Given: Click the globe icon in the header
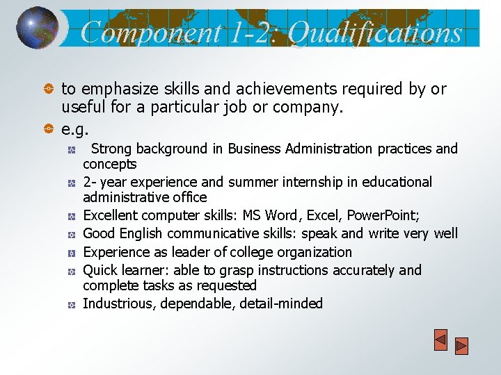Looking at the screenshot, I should [x=37, y=27].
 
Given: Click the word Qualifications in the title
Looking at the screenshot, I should [x=376, y=32].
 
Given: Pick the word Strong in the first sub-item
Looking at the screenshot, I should [x=112, y=149].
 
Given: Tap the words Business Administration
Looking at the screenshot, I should [x=301, y=149].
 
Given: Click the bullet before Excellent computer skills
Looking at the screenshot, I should [x=72, y=216].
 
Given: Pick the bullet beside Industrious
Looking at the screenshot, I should [x=72, y=304].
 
